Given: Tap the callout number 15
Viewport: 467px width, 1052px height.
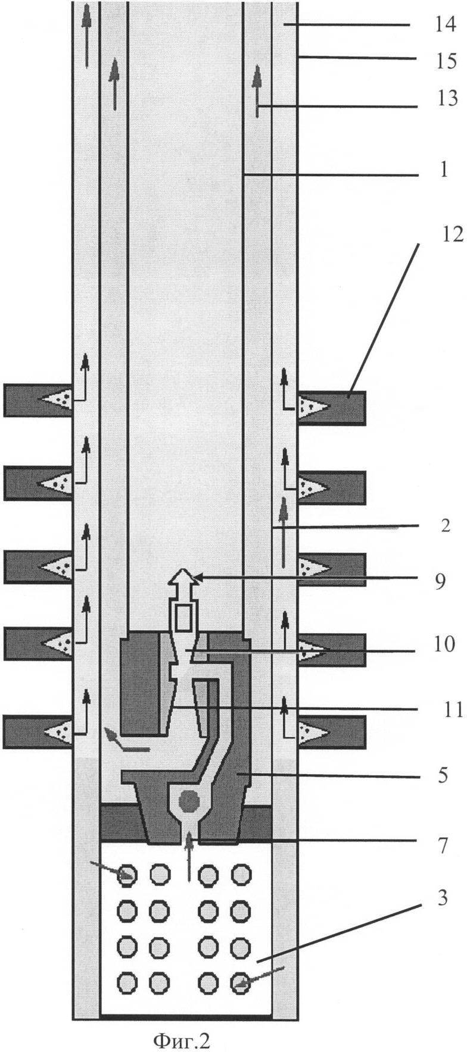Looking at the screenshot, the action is click(x=446, y=61).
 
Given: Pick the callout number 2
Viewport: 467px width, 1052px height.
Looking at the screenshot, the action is click(x=446, y=525).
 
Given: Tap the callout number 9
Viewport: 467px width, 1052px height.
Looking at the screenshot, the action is click(x=440, y=581).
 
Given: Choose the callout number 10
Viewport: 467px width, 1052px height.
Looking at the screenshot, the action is click(x=446, y=644).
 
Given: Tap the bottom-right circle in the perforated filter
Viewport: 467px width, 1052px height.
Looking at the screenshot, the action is click(x=241, y=982).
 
